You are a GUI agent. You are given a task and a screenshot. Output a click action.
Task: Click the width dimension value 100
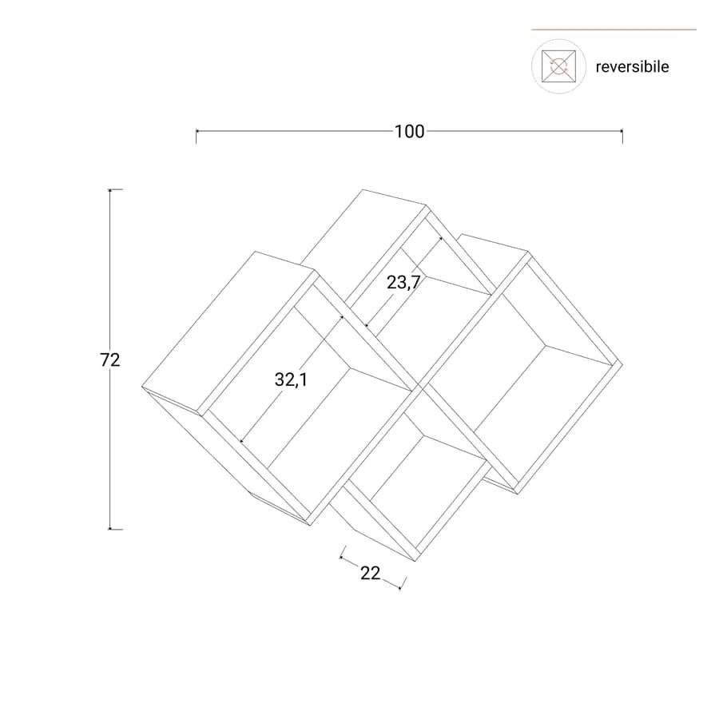[x=410, y=132]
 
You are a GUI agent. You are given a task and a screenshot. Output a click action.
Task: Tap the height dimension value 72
[x=110, y=360]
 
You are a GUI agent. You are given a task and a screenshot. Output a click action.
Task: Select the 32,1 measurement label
[x=291, y=379]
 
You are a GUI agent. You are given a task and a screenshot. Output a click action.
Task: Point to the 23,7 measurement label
[x=403, y=283]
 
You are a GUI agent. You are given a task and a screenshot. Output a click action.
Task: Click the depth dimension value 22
[x=371, y=573]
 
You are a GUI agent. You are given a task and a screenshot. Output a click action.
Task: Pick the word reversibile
[x=632, y=67]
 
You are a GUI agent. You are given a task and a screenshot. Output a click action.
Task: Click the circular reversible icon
[x=558, y=66]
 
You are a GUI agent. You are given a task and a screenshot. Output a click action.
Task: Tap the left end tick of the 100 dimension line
[x=197, y=136]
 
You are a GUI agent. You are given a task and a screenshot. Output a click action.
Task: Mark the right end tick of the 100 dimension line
[x=622, y=136]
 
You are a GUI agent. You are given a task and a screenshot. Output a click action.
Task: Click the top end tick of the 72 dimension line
[x=114, y=189]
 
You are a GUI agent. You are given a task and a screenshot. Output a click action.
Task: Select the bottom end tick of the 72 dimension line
[x=114, y=529]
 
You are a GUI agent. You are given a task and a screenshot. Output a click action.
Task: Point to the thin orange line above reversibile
[x=614, y=30]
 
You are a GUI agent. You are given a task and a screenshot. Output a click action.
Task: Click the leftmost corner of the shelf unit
[x=142, y=387]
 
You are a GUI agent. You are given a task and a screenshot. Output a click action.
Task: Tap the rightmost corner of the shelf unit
[x=622, y=364]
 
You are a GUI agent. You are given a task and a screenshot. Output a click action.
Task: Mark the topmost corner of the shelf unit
[x=363, y=189]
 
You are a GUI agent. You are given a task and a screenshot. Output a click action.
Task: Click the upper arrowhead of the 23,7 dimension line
[x=441, y=238]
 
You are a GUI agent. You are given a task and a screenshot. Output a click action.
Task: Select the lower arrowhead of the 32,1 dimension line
[x=241, y=442]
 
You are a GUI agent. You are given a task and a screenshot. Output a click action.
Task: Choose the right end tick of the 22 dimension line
[x=402, y=583]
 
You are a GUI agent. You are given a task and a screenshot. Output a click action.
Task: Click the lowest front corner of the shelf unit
[x=415, y=562]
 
